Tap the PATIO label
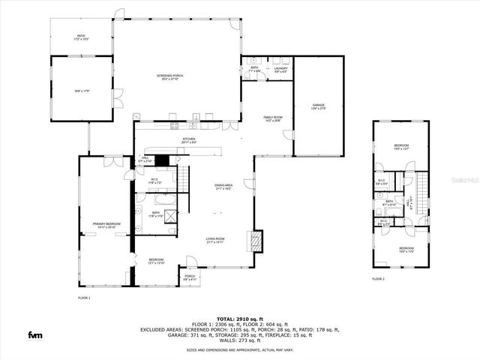click(82, 37)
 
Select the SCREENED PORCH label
click(169, 77)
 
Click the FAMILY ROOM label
click(272, 119)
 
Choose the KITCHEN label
click(189, 140)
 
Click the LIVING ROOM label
click(216, 241)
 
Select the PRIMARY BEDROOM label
click(107, 225)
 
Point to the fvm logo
click(35, 334)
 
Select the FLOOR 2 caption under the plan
click(378, 279)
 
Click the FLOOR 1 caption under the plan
click(84, 298)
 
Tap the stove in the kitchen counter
click(173, 124)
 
